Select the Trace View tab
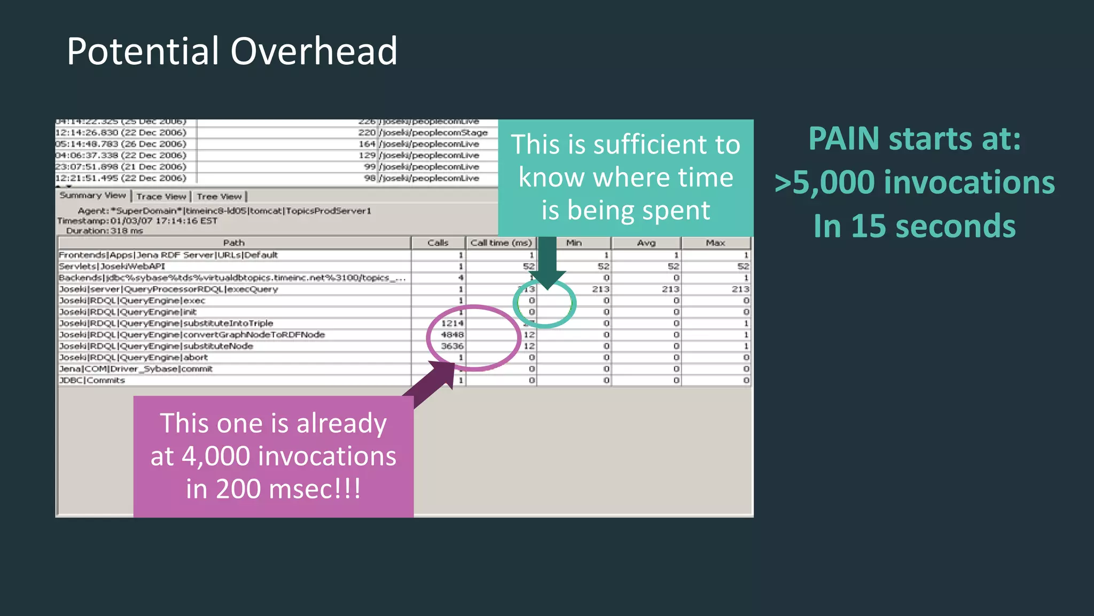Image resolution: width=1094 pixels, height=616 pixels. (x=161, y=197)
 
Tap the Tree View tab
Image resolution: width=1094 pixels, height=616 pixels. (x=220, y=197)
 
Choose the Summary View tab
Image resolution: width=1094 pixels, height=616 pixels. (x=92, y=196)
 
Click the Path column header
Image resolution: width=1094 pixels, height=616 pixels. (x=234, y=243)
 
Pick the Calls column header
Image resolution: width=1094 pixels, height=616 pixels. (x=438, y=243)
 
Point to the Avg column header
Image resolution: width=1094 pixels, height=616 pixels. (x=646, y=243)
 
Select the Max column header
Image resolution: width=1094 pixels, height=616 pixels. (x=715, y=243)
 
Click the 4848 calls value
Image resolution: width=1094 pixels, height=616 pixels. (x=452, y=335)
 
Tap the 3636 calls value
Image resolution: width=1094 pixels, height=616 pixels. (x=452, y=346)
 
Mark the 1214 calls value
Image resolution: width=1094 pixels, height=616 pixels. (x=452, y=324)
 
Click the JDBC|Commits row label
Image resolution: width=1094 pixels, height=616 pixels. (x=92, y=380)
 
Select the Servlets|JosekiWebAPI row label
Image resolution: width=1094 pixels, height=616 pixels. (x=112, y=266)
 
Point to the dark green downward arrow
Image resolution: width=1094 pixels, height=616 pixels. (x=547, y=262)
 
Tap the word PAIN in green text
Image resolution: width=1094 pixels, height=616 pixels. (x=843, y=139)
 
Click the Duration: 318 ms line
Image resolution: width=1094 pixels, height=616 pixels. (x=105, y=231)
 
